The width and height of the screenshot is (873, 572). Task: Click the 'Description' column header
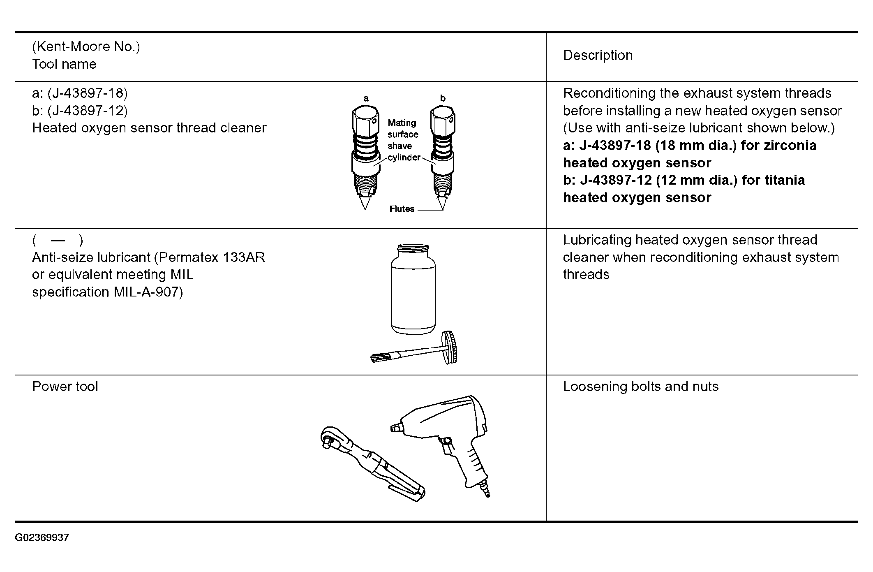[598, 56]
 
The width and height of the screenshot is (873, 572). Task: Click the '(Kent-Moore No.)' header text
[86, 46]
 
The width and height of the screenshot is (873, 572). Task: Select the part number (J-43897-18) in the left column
[87, 93]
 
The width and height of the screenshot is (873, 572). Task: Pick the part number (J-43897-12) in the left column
[87, 111]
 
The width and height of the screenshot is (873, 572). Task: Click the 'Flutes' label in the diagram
[402, 209]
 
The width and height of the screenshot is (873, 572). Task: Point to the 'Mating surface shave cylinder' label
[403, 140]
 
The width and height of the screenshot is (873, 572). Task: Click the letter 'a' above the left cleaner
[366, 98]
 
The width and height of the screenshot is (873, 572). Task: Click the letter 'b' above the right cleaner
[443, 98]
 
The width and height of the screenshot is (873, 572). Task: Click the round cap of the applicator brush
[449, 347]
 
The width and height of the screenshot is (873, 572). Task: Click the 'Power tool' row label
[65, 387]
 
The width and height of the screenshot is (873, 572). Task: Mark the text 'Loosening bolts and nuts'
[640, 387]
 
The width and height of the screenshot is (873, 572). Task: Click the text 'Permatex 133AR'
[212, 257]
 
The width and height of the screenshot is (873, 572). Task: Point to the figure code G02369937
[42, 538]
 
